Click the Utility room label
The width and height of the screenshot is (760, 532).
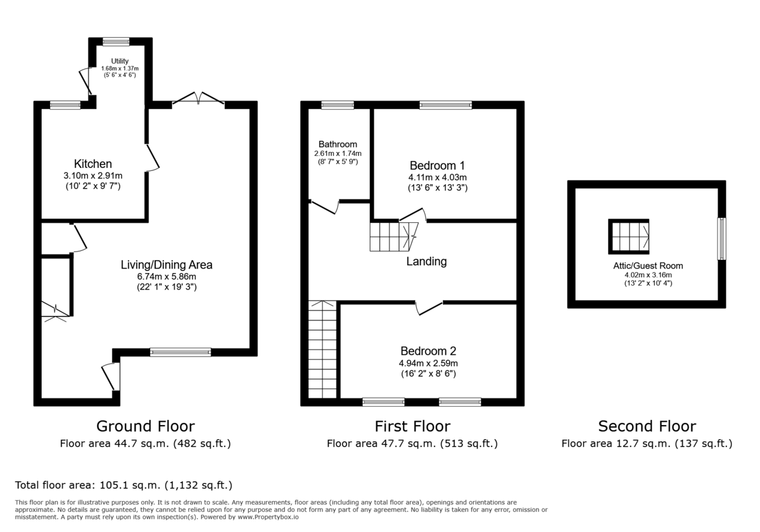click(120, 61)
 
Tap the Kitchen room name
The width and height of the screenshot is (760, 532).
click(93, 164)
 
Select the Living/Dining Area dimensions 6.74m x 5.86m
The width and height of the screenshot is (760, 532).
click(167, 276)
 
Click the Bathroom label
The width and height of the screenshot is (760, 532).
click(338, 144)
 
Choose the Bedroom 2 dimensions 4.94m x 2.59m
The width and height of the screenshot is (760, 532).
click(428, 363)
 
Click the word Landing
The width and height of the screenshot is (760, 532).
click(426, 261)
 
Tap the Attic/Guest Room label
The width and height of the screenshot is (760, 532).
click(647, 266)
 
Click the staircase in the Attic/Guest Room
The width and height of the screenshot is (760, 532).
click(629, 236)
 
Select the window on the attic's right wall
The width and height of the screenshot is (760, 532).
click(721, 239)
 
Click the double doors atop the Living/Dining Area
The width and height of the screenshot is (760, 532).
click(198, 99)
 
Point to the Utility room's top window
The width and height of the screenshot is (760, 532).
click(116, 42)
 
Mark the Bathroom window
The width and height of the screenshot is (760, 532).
click(337, 105)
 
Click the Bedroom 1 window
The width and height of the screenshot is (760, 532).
click(445, 105)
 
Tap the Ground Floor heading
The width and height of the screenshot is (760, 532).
click(145, 426)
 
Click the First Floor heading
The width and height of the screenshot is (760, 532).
click(412, 426)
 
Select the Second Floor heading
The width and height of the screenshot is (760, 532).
click(647, 426)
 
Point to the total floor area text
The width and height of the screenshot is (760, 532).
click(124, 485)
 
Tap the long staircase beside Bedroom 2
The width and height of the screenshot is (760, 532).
click(322, 350)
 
